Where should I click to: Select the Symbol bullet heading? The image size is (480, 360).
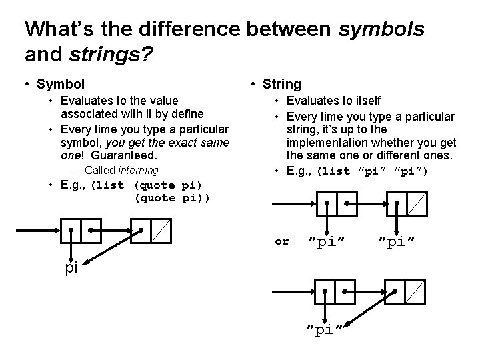point(61,84)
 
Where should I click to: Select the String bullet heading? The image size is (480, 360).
point(282,84)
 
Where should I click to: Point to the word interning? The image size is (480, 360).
point(139,170)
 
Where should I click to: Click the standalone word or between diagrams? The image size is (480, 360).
point(282,241)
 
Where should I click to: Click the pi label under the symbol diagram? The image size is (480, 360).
point(71,268)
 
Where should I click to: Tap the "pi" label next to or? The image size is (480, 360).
point(327,241)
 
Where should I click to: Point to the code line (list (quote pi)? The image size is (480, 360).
point(146,185)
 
